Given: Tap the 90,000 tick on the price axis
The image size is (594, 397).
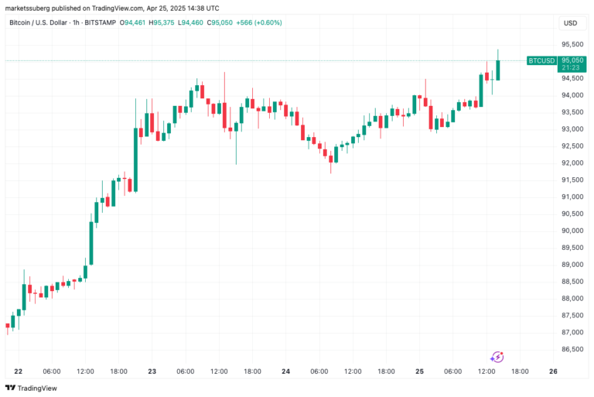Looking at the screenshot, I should (572, 231).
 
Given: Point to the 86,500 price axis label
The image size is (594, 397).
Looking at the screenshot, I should (572, 349).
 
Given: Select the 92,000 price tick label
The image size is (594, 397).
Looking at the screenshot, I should (572, 163).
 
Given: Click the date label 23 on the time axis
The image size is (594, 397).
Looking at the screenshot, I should (152, 371).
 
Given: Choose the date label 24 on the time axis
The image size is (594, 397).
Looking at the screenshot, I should (285, 371).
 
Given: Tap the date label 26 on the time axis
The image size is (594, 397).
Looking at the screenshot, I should (553, 371).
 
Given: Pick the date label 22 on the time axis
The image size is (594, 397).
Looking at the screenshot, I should (18, 371).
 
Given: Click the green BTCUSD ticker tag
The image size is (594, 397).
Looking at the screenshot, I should (541, 60).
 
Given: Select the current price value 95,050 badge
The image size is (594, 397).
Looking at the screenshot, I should (572, 60).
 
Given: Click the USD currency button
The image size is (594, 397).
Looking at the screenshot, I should (570, 22).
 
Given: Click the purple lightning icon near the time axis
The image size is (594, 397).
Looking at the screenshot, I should (497, 357).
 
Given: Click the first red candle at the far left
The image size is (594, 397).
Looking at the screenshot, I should (8, 327).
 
